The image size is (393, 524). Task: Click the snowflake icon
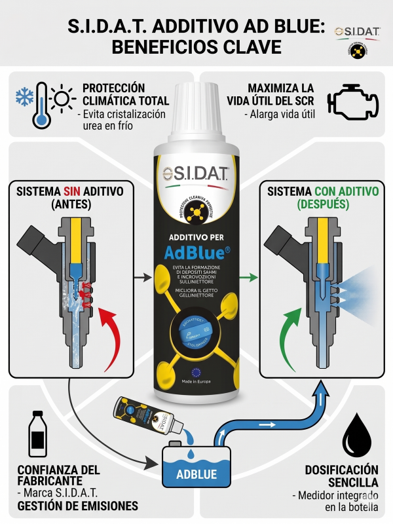(24, 98)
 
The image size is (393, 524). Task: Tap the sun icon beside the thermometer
(63, 99)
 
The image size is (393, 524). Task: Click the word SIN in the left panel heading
(73, 191)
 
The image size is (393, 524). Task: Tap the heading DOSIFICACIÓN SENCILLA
(341, 476)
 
